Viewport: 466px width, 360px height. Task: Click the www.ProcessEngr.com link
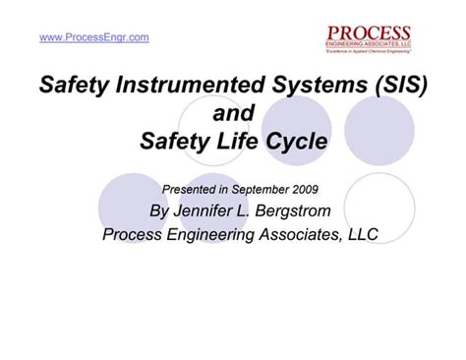[94, 37]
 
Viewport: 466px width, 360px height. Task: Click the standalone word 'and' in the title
[232, 114]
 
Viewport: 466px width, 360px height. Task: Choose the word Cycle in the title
[295, 142]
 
